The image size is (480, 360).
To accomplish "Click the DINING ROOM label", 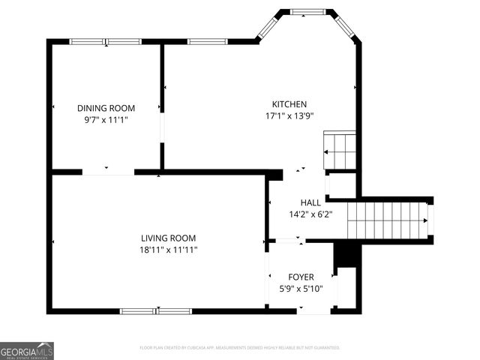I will point(106,108).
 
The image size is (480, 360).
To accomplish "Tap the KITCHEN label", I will point(289,104).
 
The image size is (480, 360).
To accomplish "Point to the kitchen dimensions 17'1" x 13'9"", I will point(289,115).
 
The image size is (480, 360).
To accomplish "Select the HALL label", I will point(310,202).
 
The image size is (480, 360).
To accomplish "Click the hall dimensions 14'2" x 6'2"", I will point(310,214).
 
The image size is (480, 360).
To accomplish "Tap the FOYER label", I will point(301,277).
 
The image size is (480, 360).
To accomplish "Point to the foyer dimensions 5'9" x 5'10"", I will point(301,288).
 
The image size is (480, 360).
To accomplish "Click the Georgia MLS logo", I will point(27,351).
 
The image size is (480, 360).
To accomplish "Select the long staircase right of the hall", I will point(385,219).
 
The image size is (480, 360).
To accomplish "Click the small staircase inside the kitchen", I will point(339,150).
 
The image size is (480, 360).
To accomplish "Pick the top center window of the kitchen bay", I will point(307,11).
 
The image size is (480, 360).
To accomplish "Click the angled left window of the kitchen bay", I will point(268,27).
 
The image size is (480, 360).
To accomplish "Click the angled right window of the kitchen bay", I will point(346,27).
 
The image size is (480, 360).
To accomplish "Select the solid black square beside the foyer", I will point(344,255).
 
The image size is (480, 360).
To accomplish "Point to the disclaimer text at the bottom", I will point(240,348).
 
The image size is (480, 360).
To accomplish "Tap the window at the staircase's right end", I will point(430,219).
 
